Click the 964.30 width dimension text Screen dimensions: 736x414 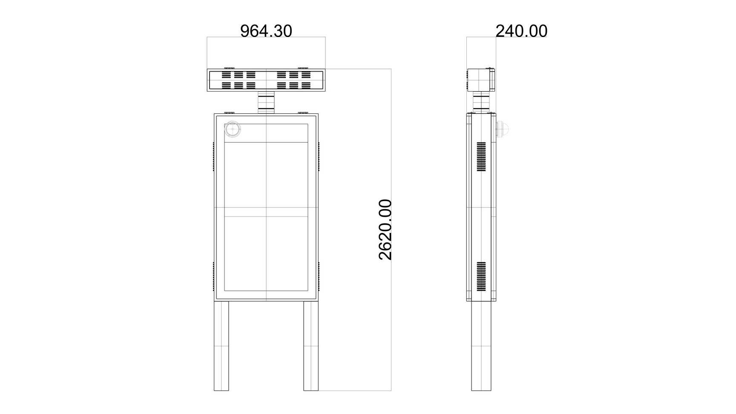coord(266,31)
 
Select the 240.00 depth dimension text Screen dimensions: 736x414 coord(521,31)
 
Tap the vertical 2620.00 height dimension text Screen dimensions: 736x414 coord(385,230)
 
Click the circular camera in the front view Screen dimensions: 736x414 coord(233,129)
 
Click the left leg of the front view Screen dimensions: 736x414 coord(221,346)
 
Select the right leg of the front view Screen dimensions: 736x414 coord(311,346)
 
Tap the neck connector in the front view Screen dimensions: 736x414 coord(266,102)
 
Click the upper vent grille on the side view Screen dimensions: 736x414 coord(481,157)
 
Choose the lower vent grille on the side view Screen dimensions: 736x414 coord(481,276)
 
